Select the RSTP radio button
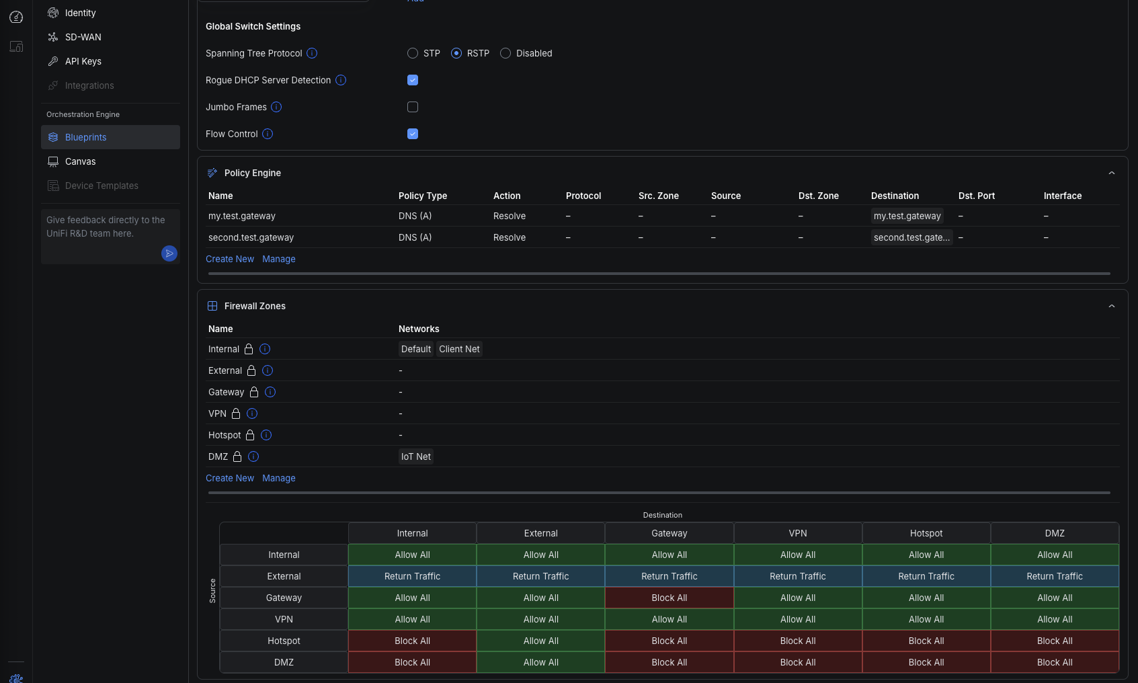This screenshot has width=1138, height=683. [x=456, y=53]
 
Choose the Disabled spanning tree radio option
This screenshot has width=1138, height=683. [x=505, y=53]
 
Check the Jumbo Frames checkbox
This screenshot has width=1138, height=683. [x=413, y=107]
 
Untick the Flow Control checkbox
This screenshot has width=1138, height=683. [x=413, y=134]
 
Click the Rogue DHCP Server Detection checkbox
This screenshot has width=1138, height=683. [x=413, y=80]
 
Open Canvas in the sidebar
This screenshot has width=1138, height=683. [x=81, y=161]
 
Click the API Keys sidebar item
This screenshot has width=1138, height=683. [x=83, y=61]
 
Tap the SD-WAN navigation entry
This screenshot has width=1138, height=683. [x=83, y=37]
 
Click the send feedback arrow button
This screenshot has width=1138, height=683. [x=169, y=253]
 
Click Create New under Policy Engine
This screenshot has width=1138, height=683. [x=230, y=259]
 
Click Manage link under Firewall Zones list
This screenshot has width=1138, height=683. [x=279, y=478]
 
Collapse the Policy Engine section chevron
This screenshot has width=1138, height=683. [x=1112, y=173]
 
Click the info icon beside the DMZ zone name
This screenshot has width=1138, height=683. [x=253, y=456]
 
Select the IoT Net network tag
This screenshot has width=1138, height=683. [x=416, y=456]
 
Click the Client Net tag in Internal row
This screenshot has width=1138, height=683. [x=459, y=349]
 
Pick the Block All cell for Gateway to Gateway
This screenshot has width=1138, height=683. [x=669, y=598]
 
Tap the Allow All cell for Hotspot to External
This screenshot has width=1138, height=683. [x=541, y=641]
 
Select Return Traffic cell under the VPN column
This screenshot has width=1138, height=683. [x=798, y=576]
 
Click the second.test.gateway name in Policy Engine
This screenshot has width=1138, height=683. [x=251, y=237]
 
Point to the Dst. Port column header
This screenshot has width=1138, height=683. [x=977, y=196]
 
